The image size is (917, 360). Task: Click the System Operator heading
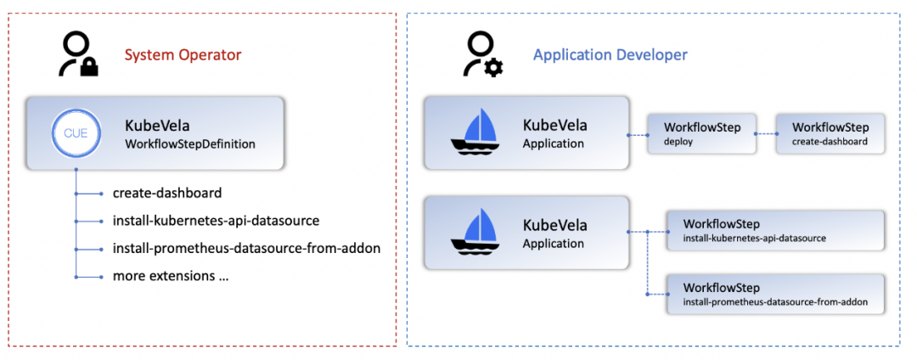click(x=183, y=55)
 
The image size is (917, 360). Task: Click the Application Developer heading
click(x=610, y=55)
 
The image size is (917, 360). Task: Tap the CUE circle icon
click(x=76, y=132)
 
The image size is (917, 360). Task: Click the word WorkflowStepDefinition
click(x=189, y=144)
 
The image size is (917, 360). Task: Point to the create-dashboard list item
click(x=167, y=193)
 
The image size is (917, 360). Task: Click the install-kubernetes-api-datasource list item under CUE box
click(x=216, y=221)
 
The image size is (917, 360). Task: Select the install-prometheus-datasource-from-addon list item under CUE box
click(x=246, y=249)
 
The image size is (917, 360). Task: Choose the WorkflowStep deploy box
click(x=701, y=134)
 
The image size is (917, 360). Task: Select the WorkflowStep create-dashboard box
click(x=830, y=134)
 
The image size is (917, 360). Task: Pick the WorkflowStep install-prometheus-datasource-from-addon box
click(x=775, y=295)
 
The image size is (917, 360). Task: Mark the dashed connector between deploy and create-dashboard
click(x=766, y=134)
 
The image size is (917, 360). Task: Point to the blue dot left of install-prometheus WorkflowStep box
click(x=648, y=295)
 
